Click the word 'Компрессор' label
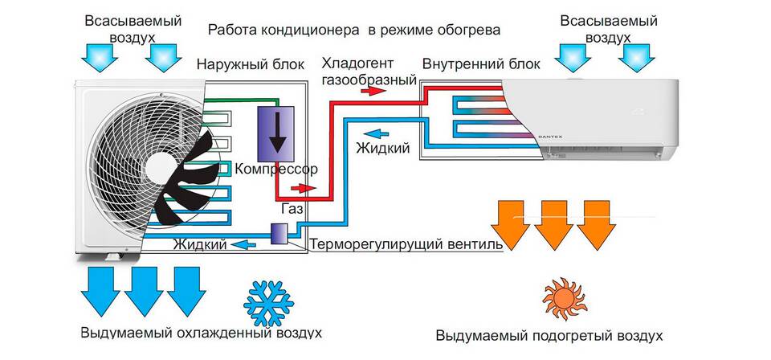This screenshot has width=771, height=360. (x=272, y=170)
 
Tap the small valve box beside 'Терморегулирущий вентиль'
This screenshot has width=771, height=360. (x=279, y=234)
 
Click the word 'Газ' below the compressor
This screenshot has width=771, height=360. (x=292, y=209)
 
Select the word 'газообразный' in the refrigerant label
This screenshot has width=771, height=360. (x=369, y=80)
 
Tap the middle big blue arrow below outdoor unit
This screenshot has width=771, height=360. (x=143, y=292)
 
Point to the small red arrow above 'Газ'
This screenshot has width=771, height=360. (x=298, y=188)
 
